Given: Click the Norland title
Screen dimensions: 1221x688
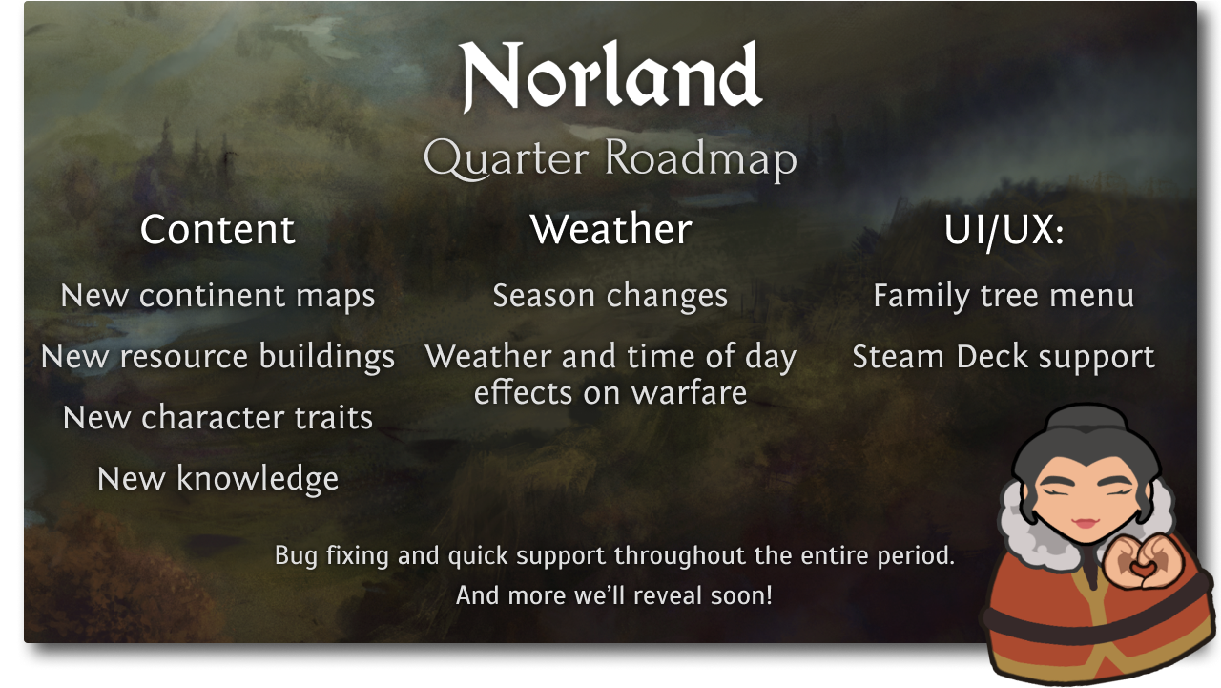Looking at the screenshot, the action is [x=610, y=75].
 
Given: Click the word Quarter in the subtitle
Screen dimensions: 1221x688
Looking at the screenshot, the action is [x=506, y=158].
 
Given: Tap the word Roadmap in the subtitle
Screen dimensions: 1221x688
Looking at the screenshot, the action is [x=701, y=158].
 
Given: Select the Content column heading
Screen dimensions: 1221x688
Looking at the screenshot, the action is [x=217, y=229].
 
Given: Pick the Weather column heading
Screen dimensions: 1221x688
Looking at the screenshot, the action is [x=610, y=229].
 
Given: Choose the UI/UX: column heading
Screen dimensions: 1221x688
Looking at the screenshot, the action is [x=1004, y=230].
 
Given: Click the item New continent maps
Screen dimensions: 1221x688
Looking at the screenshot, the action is [x=217, y=296].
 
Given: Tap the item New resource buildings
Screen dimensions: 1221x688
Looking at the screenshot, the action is [x=217, y=357].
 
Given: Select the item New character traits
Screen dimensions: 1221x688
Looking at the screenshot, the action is [x=217, y=418].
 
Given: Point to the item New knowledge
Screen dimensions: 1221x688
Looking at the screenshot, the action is [x=217, y=479].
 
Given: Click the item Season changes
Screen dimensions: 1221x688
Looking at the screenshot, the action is [x=610, y=296].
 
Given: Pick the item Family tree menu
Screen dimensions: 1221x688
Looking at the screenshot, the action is [x=1004, y=296].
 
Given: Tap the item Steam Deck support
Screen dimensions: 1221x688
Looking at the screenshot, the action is [x=1004, y=357].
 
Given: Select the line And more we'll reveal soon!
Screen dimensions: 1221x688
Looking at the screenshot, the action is [x=613, y=594].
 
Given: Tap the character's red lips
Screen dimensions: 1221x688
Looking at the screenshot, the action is [x=1086, y=522].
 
